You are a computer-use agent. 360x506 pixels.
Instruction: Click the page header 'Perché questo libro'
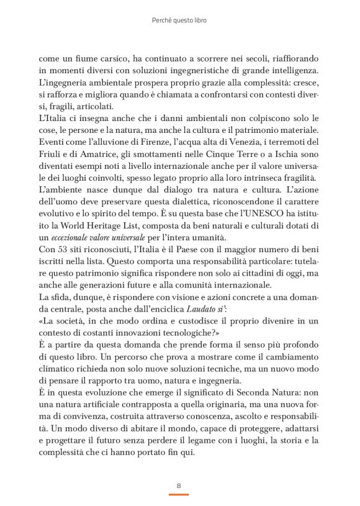(179, 20)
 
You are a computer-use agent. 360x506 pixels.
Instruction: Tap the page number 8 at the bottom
(179, 485)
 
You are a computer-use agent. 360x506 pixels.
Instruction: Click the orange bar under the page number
(179, 494)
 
